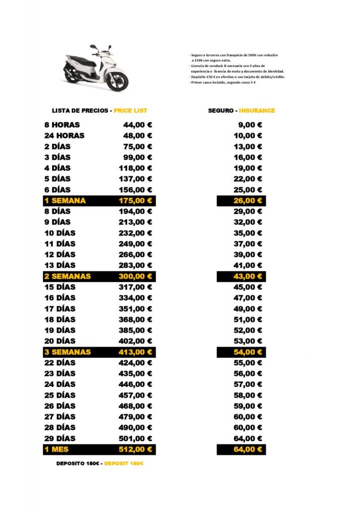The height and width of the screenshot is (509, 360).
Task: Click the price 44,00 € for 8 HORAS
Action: pos(138,125)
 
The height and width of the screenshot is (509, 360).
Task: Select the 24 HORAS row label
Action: pos(65,136)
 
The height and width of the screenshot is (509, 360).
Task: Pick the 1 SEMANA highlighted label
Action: pos(65,201)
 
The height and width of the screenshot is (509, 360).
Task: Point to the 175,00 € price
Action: pos(135,201)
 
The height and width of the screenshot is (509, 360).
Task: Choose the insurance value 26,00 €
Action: pos(248,201)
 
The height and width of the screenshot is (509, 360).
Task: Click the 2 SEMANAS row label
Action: pos(68,276)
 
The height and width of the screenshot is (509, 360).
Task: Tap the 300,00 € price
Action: pos(135,276)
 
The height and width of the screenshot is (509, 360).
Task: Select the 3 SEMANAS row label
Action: pos(68,352)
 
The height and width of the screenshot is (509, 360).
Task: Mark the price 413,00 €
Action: pos(135,352)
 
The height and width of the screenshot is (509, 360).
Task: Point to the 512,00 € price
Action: pos(135,449)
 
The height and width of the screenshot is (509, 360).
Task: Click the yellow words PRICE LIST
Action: pos(130,110)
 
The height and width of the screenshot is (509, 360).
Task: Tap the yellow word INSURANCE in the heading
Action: pos(257,110)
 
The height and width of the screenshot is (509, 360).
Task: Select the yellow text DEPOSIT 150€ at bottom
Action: pos(124,463)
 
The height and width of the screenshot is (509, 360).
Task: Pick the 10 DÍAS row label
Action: pos(60,233)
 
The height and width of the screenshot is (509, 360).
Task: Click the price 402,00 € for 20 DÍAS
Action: pos(135,341)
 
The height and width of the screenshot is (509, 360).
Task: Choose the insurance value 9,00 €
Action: pos(250,125)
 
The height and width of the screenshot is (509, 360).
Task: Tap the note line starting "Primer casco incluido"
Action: pos(223,83)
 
